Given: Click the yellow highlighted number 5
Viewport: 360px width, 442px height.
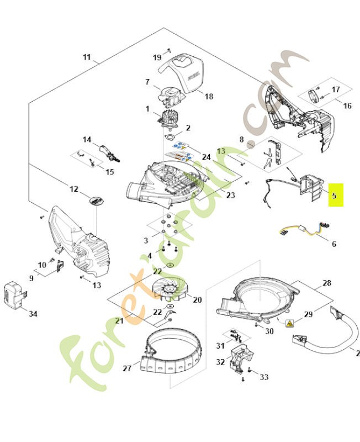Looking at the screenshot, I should coord(335,195).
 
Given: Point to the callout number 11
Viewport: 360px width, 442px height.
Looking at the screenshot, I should coord(87,57).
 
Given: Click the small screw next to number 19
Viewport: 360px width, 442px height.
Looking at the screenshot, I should coord(170,50).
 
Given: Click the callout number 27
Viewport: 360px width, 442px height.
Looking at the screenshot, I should coord(126,368).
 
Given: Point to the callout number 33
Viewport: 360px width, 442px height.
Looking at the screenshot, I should coord(264,377).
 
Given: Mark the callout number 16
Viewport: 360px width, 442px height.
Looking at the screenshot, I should coord(347,105).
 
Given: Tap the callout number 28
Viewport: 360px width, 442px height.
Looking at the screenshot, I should coord(327,283).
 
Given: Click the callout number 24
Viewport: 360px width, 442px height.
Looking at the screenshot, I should coord(206,157).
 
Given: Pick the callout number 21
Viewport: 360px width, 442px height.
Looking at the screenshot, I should coord(118,321).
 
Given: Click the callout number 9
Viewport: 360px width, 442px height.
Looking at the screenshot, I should coord(31,278).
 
